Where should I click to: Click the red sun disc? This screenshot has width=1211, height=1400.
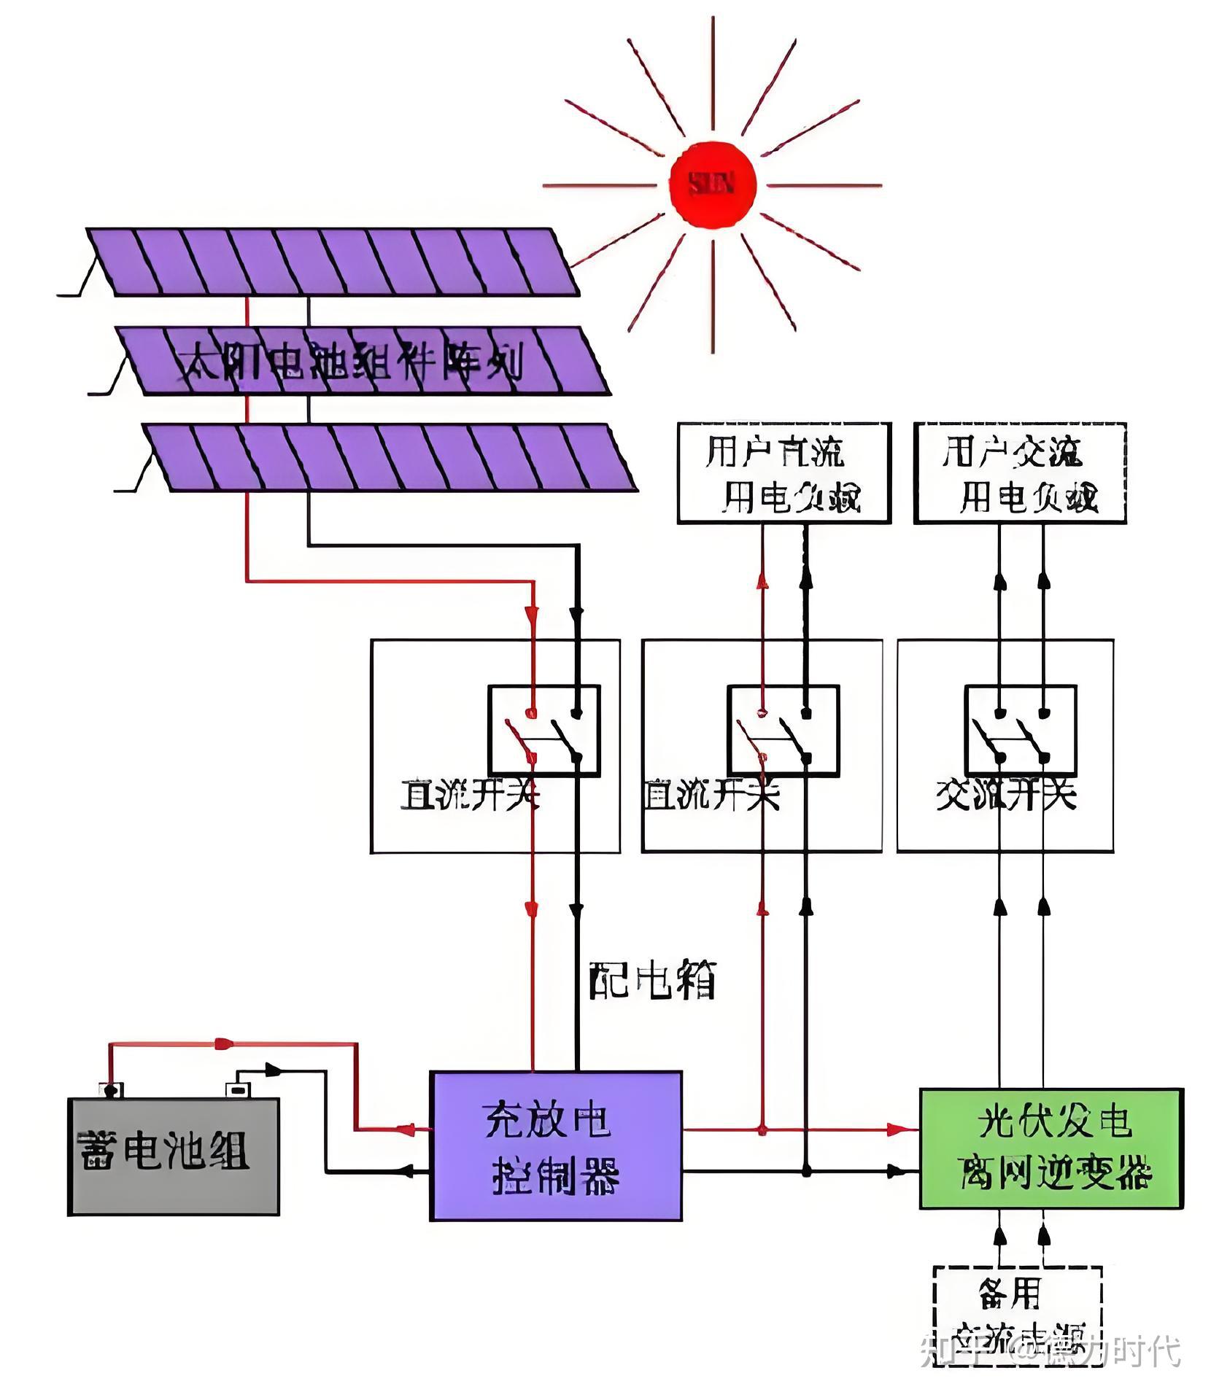coord(713,185)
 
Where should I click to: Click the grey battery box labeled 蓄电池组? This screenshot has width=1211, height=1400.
coord(173,1156)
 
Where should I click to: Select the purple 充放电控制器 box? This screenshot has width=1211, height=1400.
coord(555,1146)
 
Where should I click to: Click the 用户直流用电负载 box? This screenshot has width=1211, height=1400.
coord(784,472)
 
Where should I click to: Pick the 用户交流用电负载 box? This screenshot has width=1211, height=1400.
coord(1020,472)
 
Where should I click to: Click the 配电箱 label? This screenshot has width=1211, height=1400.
coord(652,980)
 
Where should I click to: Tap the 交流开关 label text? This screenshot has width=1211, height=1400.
coord(1005,795)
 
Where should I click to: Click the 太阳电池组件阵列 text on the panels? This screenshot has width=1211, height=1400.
coord(350,361)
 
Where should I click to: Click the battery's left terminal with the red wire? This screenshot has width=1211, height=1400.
coord(111,1091)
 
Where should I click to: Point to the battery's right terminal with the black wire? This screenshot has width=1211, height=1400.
coord(237,1090)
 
